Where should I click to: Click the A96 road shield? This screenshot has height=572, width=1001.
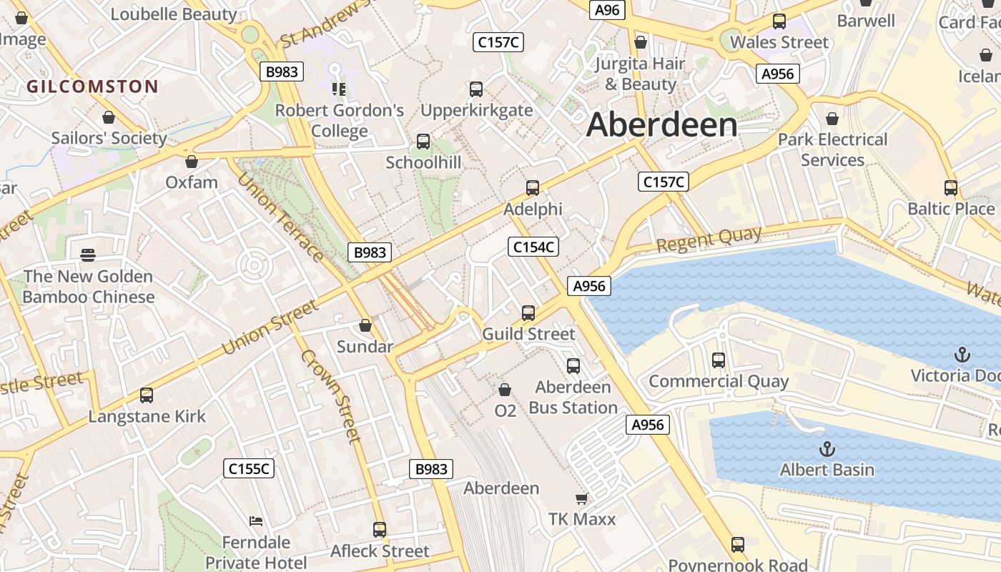[607, 10]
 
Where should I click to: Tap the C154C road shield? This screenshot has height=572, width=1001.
[533, 247]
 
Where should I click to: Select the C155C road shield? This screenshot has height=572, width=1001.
[249, 468]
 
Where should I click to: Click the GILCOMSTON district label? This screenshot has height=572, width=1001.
[92, 87]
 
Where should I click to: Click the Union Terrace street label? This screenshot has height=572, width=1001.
[280, 217]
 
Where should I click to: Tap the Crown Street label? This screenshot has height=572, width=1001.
[330, 395]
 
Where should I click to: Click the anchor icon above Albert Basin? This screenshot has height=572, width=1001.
[827, 449]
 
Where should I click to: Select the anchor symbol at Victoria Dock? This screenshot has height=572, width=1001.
[962, 355]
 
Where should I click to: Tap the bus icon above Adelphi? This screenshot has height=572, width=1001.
[533, 188]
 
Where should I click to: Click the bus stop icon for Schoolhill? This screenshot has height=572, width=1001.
[423, 142]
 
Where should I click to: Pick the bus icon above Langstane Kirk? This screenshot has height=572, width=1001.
[147, 395]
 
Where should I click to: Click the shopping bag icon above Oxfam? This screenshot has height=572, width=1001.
[191, 162]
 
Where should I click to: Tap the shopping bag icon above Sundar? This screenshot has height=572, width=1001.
[365, 326]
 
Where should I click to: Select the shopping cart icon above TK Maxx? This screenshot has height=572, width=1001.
[581, 498]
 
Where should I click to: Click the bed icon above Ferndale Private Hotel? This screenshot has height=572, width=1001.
[255, 521]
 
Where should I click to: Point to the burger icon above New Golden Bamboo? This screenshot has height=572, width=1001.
[88, 255]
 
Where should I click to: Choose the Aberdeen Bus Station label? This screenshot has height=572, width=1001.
[573, 398]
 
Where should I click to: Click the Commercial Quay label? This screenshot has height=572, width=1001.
[718, 381]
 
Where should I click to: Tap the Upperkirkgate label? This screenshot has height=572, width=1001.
[476, 110]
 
